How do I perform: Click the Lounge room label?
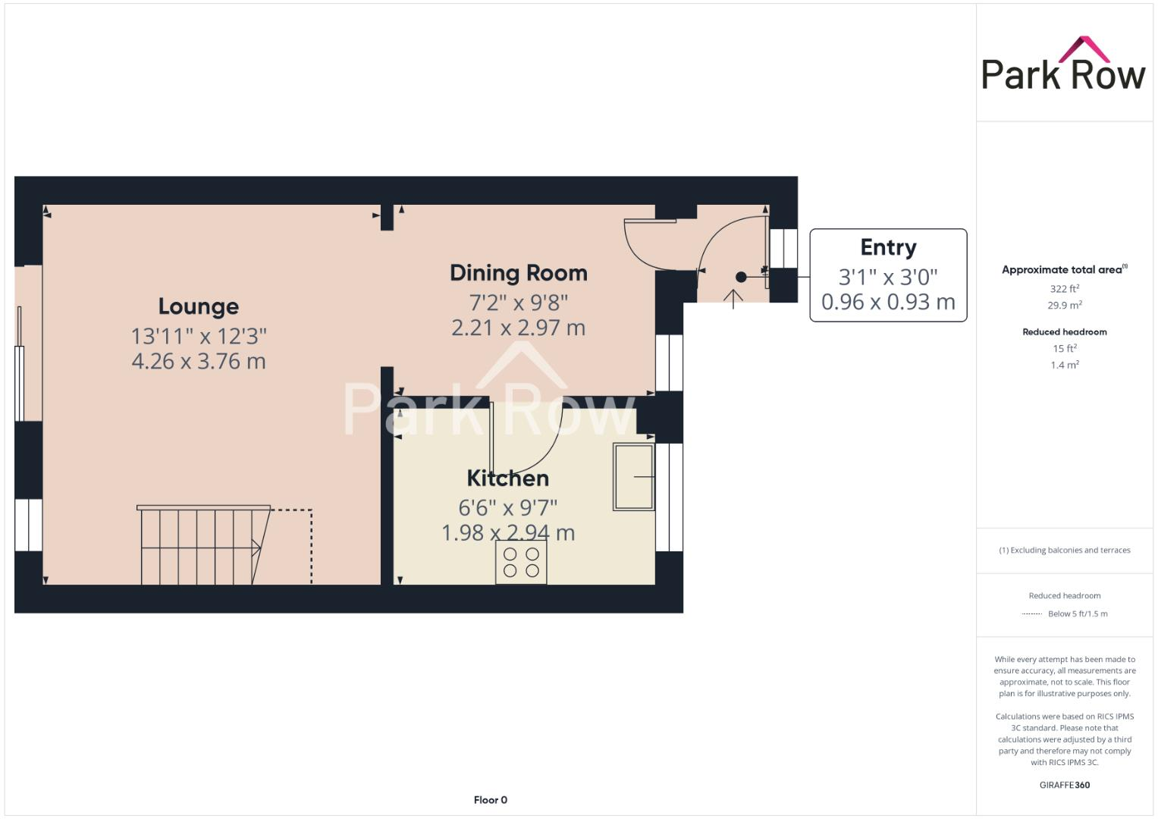(198, 306)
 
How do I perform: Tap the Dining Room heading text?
(518, 273)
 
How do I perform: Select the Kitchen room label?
(507, 479)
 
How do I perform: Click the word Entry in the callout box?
(888, 248)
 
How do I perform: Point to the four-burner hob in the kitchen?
(521, 562)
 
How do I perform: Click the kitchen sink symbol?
(633, 477)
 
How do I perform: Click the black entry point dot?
(741, 278)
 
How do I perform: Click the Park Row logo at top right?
(1063, 65)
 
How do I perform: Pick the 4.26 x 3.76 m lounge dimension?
(198, 361)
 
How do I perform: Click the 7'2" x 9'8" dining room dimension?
(518, 303)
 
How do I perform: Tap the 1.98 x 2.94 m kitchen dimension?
(507, 533)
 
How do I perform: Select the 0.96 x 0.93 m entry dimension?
(888, 302)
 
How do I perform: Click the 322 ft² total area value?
(1065, 289)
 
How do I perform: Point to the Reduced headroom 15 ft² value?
(1065, 349)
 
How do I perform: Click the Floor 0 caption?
(490, 800)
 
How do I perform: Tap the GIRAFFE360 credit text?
(1065, 785)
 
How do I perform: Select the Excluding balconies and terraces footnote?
(1065, 551)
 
